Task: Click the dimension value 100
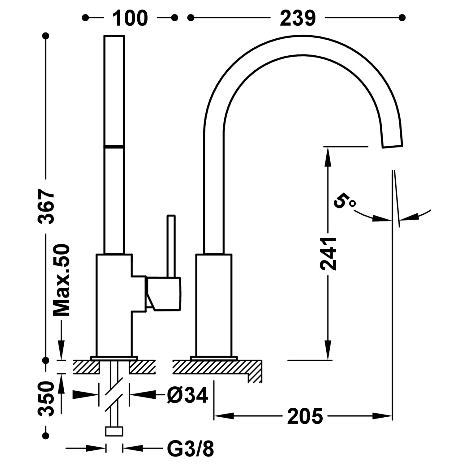tap(130, 18)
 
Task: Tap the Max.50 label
tap(61, 280)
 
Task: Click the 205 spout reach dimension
tap(305, 416)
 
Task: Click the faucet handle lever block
tap(164, 293)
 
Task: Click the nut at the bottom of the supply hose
tap(114, 431)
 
